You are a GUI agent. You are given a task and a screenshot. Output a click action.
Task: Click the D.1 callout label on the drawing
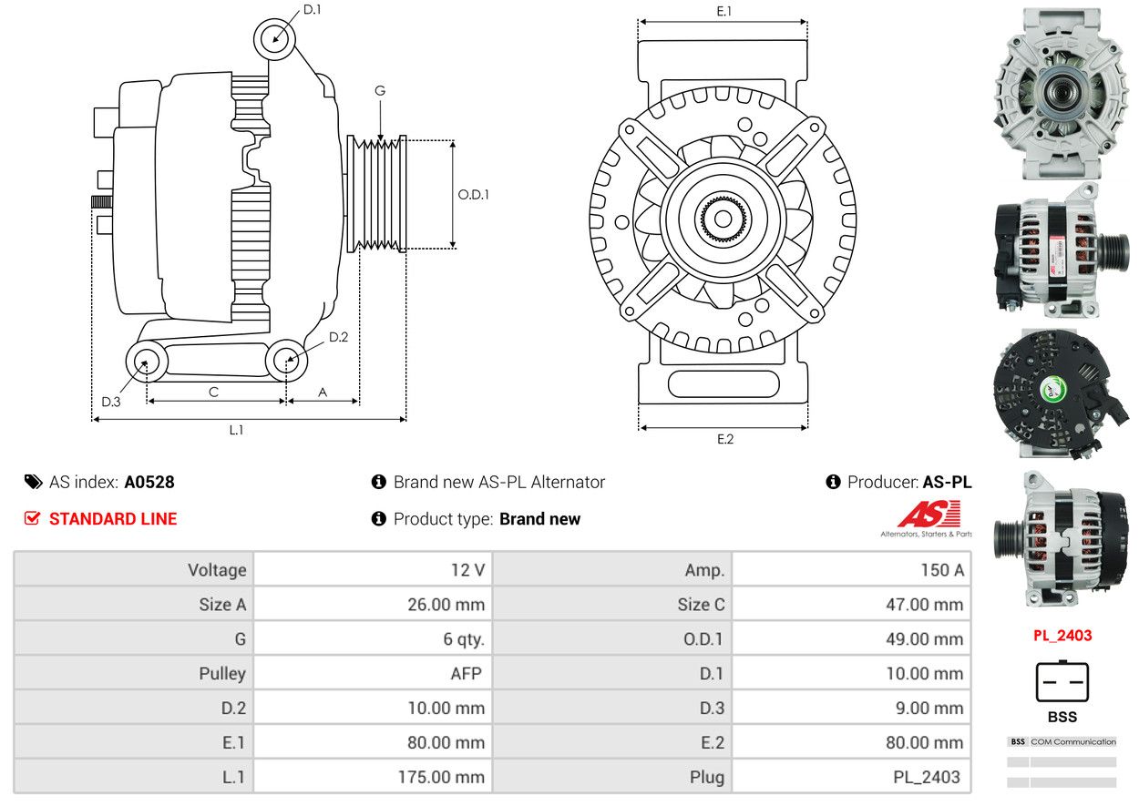pos(312,9)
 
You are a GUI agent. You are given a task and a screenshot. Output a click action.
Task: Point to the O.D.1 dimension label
pos(473,195)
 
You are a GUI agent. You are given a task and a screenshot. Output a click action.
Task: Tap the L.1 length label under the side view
pos(236,430)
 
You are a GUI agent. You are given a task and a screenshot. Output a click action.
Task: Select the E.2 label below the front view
pos(725,439)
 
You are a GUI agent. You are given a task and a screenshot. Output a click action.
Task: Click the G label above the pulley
pos(380,91)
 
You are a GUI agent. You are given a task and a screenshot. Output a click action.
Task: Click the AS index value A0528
pos(149,482)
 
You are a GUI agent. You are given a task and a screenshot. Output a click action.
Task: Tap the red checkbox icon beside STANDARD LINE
pos(32,518)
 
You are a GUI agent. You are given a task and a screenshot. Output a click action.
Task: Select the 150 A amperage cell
pos(851,570)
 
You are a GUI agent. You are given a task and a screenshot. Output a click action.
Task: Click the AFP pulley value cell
pos(373,673)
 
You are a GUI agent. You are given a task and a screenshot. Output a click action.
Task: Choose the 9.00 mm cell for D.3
pos(851,708)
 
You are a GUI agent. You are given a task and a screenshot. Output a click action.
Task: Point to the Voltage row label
pos(217,570)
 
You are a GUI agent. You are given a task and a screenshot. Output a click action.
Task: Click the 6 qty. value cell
pos(373,638)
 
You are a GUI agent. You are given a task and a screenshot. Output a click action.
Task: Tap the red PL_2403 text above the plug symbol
pos(1062,636)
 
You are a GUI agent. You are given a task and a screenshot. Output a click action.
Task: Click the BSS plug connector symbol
pos(1062,681)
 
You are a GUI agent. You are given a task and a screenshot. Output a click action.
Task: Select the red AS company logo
pos(929,515)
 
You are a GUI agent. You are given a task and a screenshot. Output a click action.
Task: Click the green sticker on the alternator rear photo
pos(1052,391)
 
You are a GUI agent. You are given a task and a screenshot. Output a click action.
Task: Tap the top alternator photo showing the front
pos(1061,94)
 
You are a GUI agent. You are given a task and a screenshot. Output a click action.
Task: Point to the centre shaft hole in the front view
pos(723,219)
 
